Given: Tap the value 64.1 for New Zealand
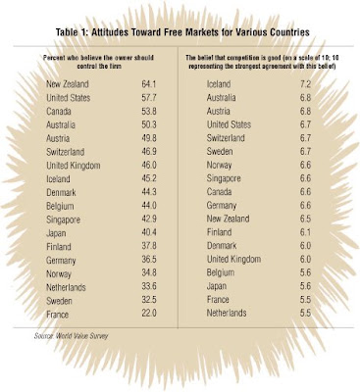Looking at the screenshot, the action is click(x=149, y=84).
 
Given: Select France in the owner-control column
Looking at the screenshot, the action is click(x=58, y=315).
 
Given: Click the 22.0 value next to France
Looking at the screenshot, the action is click(x=149, y=313).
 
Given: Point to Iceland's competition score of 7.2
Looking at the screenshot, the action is click(x=305, y=84).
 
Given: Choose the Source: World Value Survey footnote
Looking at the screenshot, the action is click(x=71, y=335).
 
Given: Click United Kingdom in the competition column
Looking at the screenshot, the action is click(x=233, y=260).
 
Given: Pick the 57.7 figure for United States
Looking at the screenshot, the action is click(x=149, y=98).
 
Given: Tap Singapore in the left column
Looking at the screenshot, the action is click(x=63, y=220).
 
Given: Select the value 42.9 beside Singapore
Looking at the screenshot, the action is click(x=149, y=220).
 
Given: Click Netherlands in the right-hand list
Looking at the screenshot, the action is click(x=227, y=313).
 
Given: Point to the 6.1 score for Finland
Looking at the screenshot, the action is click(x=305, y=232).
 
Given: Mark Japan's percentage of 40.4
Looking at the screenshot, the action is click(x=149, y=233).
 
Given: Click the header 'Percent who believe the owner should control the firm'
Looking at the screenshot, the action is click(x=98, y=61).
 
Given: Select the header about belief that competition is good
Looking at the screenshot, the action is click(x=263, y=61).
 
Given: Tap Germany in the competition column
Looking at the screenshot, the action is click(x=222, y=206).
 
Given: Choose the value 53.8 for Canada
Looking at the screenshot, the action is click(x=149, y=111).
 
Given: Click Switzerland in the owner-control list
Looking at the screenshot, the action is click(x=66, y=152).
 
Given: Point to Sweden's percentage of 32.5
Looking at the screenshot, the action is click(x=149, y=301).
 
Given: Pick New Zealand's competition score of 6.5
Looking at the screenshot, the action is click(x=305, y=219).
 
